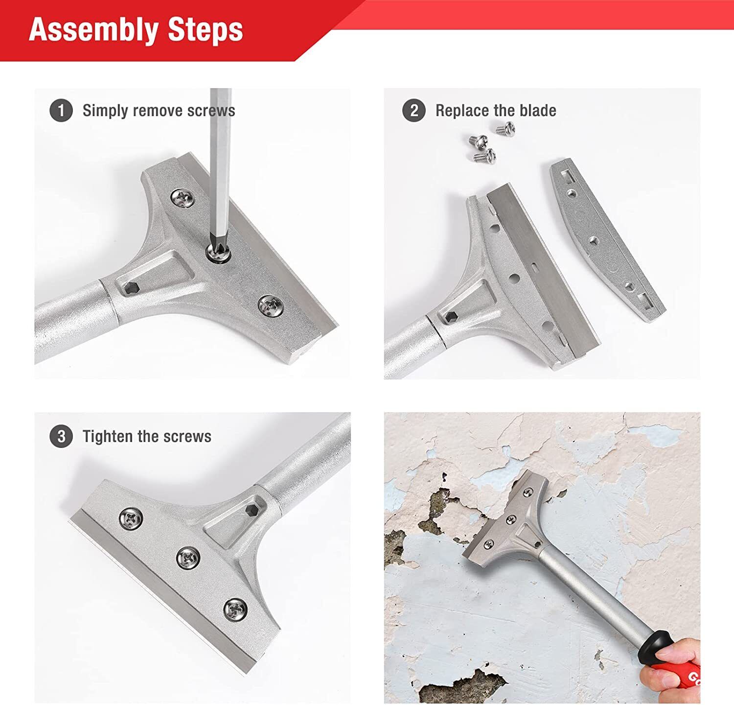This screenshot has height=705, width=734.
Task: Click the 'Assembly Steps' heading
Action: (x=136, y=30)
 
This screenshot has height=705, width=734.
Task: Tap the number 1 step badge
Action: (x=61, y=111)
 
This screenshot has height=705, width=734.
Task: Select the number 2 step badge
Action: (x=414, y=111)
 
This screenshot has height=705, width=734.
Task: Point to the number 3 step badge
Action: (x=61, y=436)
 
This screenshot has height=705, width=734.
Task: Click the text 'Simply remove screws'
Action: (x=159, y=111)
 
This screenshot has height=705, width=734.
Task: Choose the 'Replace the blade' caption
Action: (x=495, y=111)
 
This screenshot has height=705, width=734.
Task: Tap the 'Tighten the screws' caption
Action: (x=147, y=436)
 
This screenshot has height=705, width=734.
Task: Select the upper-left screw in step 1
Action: (x=183, y=198)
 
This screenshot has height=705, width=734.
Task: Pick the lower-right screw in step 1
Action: (x=270, y=305)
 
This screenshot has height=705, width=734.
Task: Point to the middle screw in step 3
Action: (x=188, y=558)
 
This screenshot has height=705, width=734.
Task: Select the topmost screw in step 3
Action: (x=131, y=517)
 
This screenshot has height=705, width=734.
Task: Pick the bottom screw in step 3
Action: (x=235, y=609)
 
